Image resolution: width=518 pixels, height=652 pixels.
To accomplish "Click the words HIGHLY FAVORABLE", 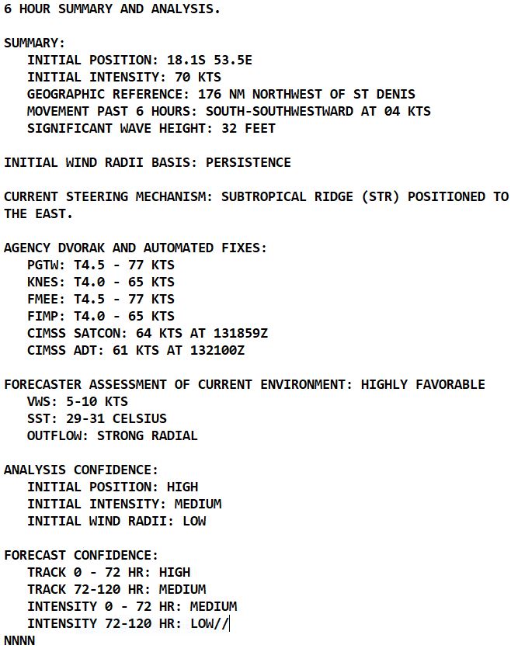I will point(422,384).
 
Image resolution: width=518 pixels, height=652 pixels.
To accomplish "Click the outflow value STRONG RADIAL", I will point(147,435).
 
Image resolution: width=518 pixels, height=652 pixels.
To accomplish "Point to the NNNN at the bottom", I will point(19,640).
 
